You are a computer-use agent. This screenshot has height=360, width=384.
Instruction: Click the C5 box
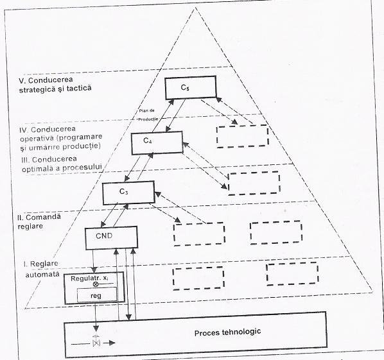point(191,87)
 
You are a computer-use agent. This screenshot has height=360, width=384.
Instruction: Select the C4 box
point(157,143)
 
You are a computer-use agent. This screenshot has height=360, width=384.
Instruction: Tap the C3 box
point(128,193)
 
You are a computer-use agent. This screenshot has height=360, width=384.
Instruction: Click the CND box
point(111,238)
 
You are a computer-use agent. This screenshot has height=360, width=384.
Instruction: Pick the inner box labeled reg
point(97,295)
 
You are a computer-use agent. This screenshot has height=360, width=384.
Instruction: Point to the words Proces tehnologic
point(227,332)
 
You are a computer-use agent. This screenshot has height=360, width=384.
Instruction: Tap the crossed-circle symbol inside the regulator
point(96,284)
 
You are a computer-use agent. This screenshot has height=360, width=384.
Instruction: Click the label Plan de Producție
point(148,115)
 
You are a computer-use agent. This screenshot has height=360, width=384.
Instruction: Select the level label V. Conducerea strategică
point(55,85)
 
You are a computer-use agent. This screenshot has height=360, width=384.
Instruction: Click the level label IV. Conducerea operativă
point(61,138)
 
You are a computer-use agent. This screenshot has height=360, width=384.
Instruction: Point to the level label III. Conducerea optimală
point(62,164)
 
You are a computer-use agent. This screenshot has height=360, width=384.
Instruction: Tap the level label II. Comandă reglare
point(39,221)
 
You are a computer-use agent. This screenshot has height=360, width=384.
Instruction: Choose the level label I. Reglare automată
point(42,269)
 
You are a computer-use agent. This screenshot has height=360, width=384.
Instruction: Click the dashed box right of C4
point(242,136)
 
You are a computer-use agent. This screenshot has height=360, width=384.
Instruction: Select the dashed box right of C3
point(254,184)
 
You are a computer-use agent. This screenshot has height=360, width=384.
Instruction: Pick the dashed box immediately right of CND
point(199,234)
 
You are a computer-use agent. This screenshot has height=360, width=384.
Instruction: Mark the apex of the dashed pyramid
point(195,8)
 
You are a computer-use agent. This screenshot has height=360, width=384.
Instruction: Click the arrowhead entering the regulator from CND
point(94,270)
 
